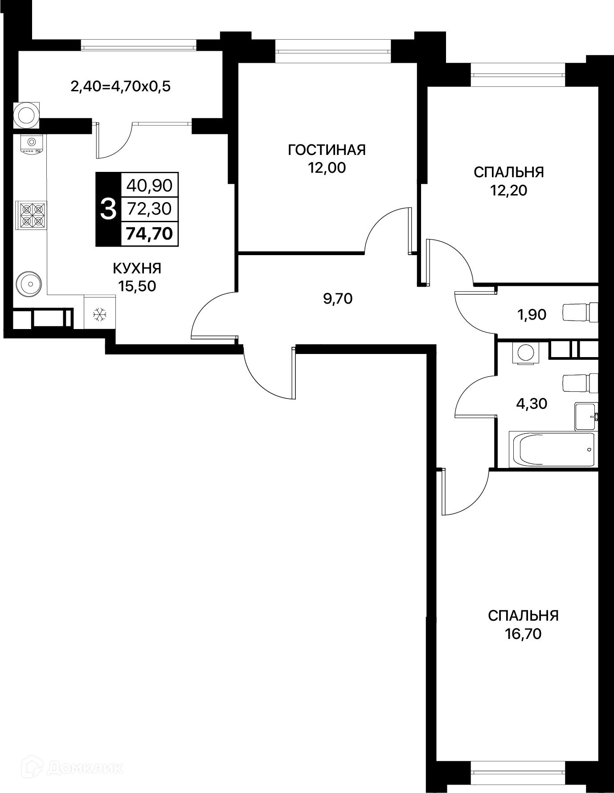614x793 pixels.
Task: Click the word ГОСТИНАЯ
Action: point(327,150)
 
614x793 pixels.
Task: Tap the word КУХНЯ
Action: point(137,268)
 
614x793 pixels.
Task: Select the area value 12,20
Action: point(508,191)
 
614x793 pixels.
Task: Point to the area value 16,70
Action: point(523,634)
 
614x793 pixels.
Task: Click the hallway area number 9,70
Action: point(338,299)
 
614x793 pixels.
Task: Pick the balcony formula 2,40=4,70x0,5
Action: point(121,86)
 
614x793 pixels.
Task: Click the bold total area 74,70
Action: point(149,233)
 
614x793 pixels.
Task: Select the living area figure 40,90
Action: point(150,185)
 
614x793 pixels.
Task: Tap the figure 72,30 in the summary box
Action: point(150,208)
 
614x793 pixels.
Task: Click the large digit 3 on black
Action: point(109,209)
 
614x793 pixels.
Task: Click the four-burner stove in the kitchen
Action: point(31,215)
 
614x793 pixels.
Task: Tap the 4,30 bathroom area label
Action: point(532,404)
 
